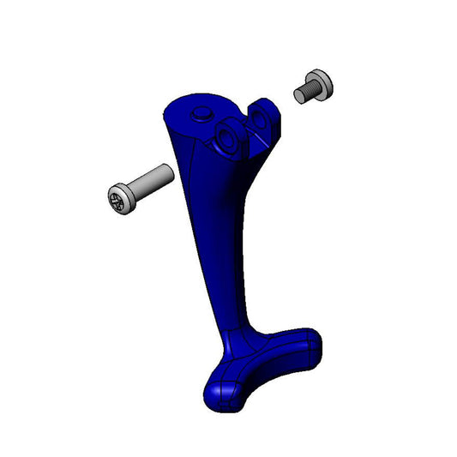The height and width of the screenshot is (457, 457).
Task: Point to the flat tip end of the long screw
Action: point(170,171)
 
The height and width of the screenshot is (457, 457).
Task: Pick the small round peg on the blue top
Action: point(202,112)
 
